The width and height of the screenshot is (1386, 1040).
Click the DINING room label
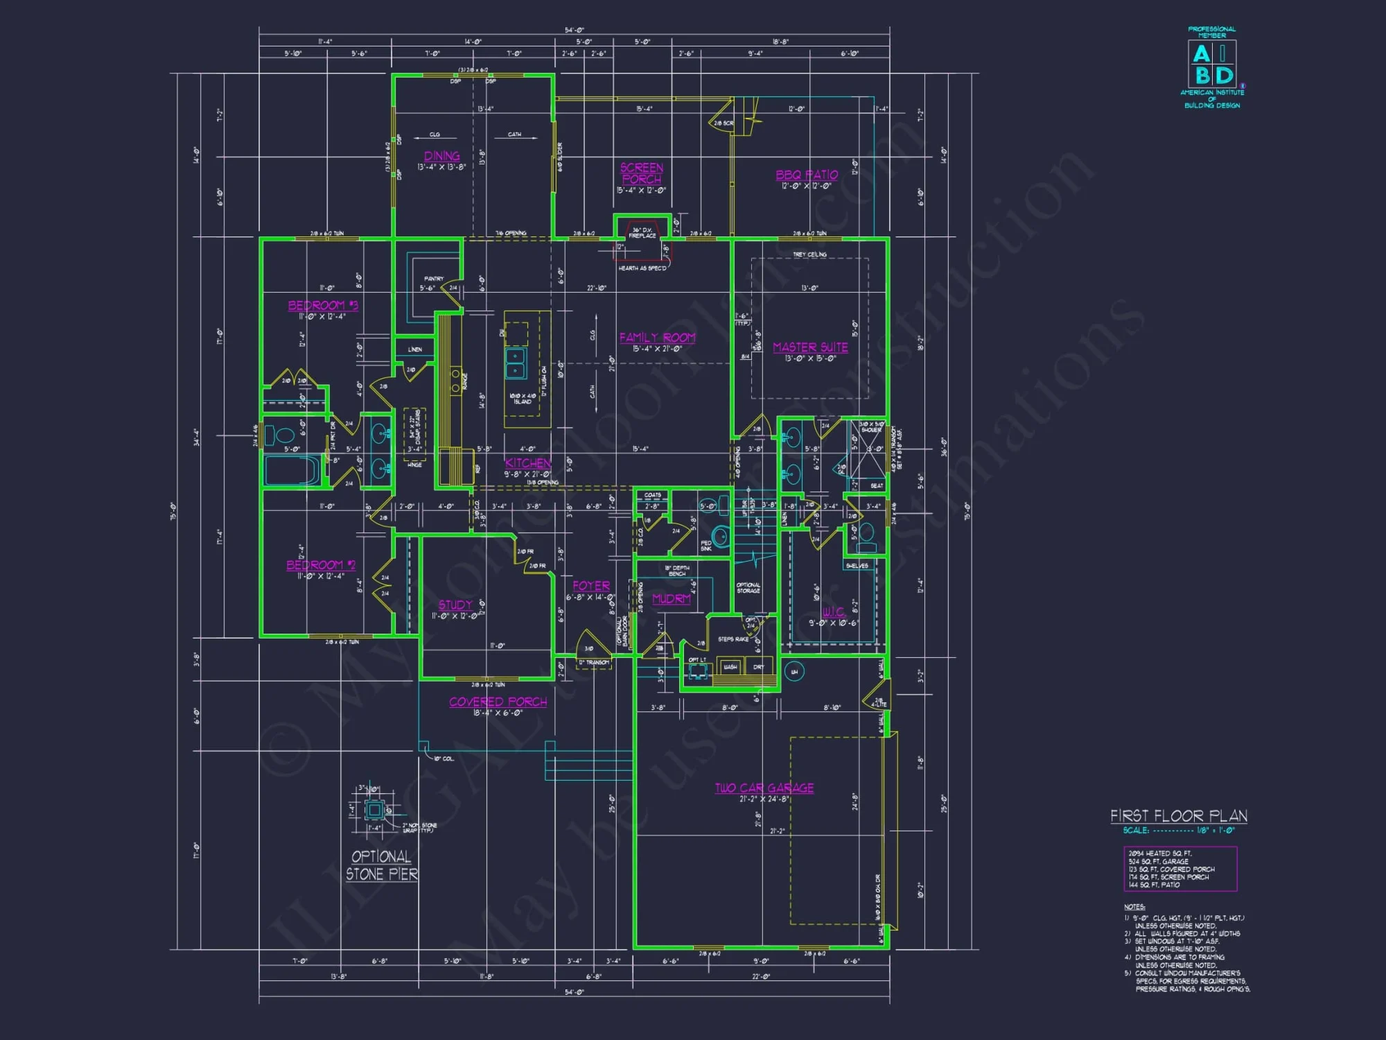(441, 157)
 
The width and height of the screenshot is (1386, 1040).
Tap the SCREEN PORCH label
(641, 173)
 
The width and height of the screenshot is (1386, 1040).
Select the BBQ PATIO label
(807, 175)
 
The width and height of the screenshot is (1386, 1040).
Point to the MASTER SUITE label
(810, 347)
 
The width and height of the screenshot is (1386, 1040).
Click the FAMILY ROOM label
(657, 338)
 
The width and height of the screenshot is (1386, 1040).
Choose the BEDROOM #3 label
(323, 306)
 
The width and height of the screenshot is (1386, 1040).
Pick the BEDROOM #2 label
(321, 565)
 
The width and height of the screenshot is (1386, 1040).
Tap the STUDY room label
(455, 605)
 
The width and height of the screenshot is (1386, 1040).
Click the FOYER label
(591, 586)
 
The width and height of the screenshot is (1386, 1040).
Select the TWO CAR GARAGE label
(764, 788)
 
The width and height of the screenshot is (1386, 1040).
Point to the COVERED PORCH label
(498, 702)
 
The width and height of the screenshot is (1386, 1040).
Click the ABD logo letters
(1212, 64)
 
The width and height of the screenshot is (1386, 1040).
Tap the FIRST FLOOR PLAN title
(1178, 816)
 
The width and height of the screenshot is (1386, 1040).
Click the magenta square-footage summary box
(1179, 869)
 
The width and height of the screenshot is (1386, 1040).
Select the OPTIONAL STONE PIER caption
(382, 865)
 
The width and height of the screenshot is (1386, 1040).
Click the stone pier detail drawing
(374, 809)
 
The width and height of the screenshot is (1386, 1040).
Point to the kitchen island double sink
(515, 363)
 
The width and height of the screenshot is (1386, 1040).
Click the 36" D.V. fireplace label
(642, 232)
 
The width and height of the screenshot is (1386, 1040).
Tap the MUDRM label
(671, 598)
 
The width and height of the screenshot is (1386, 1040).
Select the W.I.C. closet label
(833, 612)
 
